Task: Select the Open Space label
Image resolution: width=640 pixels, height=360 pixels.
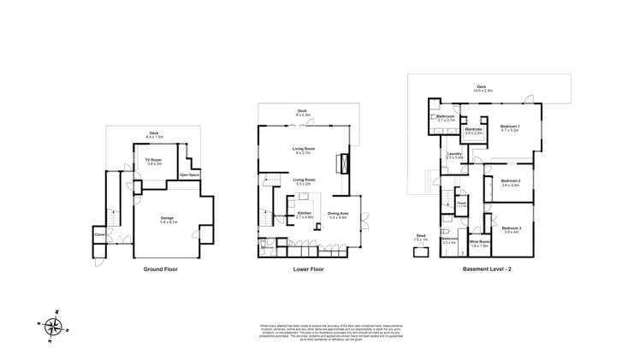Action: coord(189,175)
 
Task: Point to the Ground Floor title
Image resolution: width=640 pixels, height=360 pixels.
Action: coord(160,269)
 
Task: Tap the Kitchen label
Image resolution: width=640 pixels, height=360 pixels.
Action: coord(304,214)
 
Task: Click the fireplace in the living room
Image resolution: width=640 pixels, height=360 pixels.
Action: coord(344,163)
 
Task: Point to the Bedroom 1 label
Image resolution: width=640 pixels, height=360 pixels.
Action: coord(511,127)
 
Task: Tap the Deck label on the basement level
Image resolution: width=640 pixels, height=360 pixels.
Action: coord(483,86)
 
